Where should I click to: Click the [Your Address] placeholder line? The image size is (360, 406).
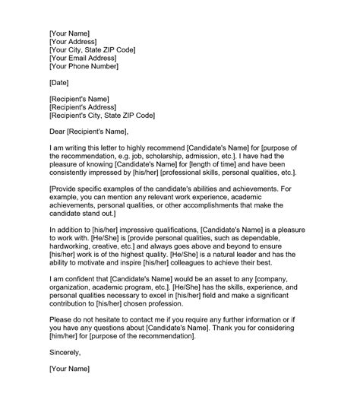79,43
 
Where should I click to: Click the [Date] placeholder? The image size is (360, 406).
61,82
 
